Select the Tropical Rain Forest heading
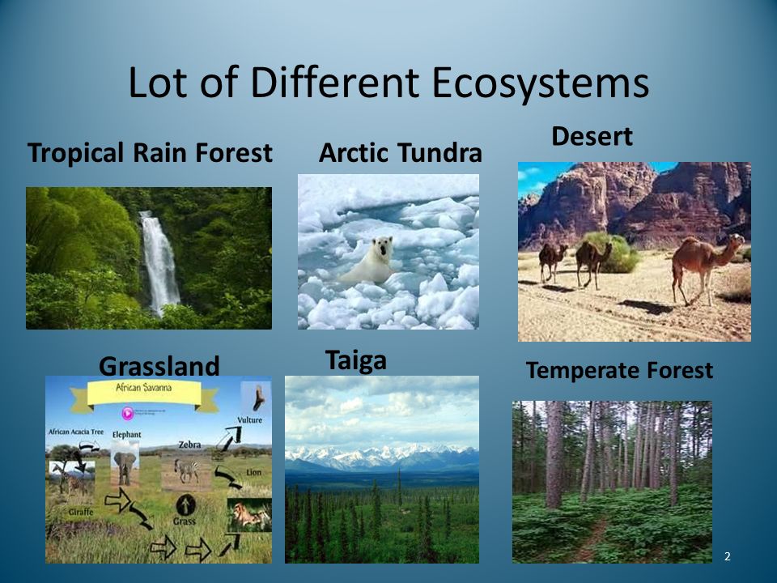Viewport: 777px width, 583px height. click(x=150, y=153)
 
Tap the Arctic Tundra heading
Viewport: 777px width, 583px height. click(x=401, y=153)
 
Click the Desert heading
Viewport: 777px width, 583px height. click(x=592, y=136)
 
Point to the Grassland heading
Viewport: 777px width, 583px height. click(x=159, y=366)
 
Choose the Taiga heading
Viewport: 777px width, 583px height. click(x=355, y=360)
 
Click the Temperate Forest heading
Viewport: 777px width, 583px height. click(x=619, y=371)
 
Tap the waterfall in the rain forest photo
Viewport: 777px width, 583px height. click(x=159, y=259)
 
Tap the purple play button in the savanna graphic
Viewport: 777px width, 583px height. click(x=127, y=413)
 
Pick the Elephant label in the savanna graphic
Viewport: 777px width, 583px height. click(x=127, y=435)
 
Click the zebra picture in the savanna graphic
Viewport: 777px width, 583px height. click(x=187, y=470)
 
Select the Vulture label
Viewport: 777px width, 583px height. click(x=249, y=420)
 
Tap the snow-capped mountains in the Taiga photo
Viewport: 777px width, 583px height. click(x=380, y=455)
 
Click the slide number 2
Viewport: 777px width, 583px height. click(x=727, y=555)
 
